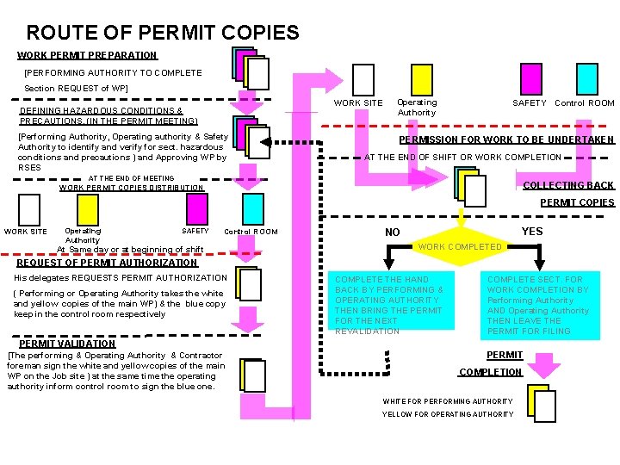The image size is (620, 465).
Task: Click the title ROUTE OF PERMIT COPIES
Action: click(163, 34)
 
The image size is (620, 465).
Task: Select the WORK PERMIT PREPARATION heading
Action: click(87, 55)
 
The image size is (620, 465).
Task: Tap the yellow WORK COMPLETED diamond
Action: click(459, 247)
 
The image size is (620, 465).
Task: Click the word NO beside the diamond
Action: click(393, 232)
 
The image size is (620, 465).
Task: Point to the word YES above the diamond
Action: click(532, 232)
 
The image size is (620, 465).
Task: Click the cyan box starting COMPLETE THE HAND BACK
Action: click(393, 305)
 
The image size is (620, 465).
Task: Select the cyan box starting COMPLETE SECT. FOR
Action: click(542, 305)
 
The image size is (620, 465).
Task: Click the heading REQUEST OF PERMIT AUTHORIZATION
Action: click(107, 263)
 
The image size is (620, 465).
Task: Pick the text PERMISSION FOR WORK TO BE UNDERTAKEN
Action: click(506, 139)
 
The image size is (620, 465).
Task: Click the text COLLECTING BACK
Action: click(568, 185)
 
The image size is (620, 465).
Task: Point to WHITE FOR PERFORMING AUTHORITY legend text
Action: click(447, 401)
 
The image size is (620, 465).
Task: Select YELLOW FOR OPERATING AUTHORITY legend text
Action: click(447, 414)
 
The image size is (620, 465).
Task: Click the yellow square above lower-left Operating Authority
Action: click(88, 208)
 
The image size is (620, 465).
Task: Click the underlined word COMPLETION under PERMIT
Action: click(490, 372)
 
